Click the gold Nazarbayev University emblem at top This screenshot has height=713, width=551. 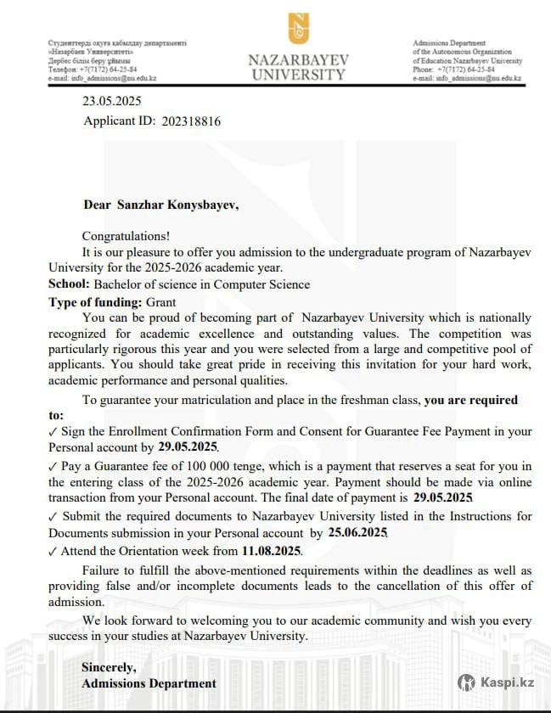click(298, 28)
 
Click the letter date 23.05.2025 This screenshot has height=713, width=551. click(111, 100)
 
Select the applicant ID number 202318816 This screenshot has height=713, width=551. click(191, 121)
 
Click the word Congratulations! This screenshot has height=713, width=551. click(126, 236)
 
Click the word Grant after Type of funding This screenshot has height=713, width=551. click(160, 301)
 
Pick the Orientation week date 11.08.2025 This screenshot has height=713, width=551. click(271, 550)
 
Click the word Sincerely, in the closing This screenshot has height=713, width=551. click(109, 666)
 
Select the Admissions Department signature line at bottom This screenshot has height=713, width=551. click(149, 683)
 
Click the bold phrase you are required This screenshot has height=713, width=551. click(470, 400)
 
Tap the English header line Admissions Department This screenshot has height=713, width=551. click(449, 43)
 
